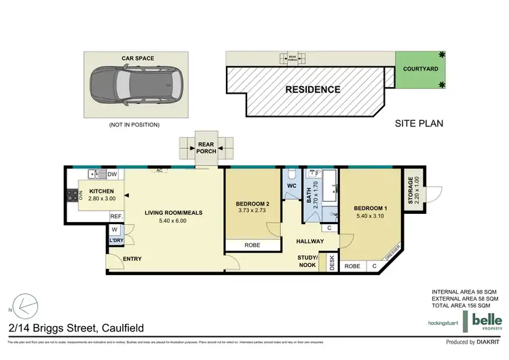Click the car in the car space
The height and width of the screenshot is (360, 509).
coord(136,83)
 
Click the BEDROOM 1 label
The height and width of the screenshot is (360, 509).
coord(371,209)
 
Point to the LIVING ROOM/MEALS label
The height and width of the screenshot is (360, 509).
coord(174,213)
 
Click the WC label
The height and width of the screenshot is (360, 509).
coord(292,185)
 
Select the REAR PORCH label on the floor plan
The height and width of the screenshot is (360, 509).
coord(207,147)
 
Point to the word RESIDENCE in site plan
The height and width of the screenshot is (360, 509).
coord(312,89)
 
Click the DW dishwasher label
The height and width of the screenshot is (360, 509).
coord(112,174)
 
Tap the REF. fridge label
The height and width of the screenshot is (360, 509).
coord(115,217)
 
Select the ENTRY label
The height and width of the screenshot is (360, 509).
coord(132,259)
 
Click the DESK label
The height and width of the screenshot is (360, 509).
coord(332,263)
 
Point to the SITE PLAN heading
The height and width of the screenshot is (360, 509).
coord(419,124)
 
